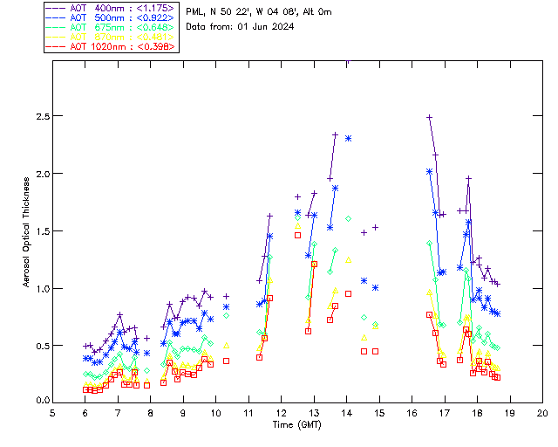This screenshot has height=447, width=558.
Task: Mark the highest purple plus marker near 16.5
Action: [429, 117]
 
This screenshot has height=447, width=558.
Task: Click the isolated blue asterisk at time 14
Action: [348, 138]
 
